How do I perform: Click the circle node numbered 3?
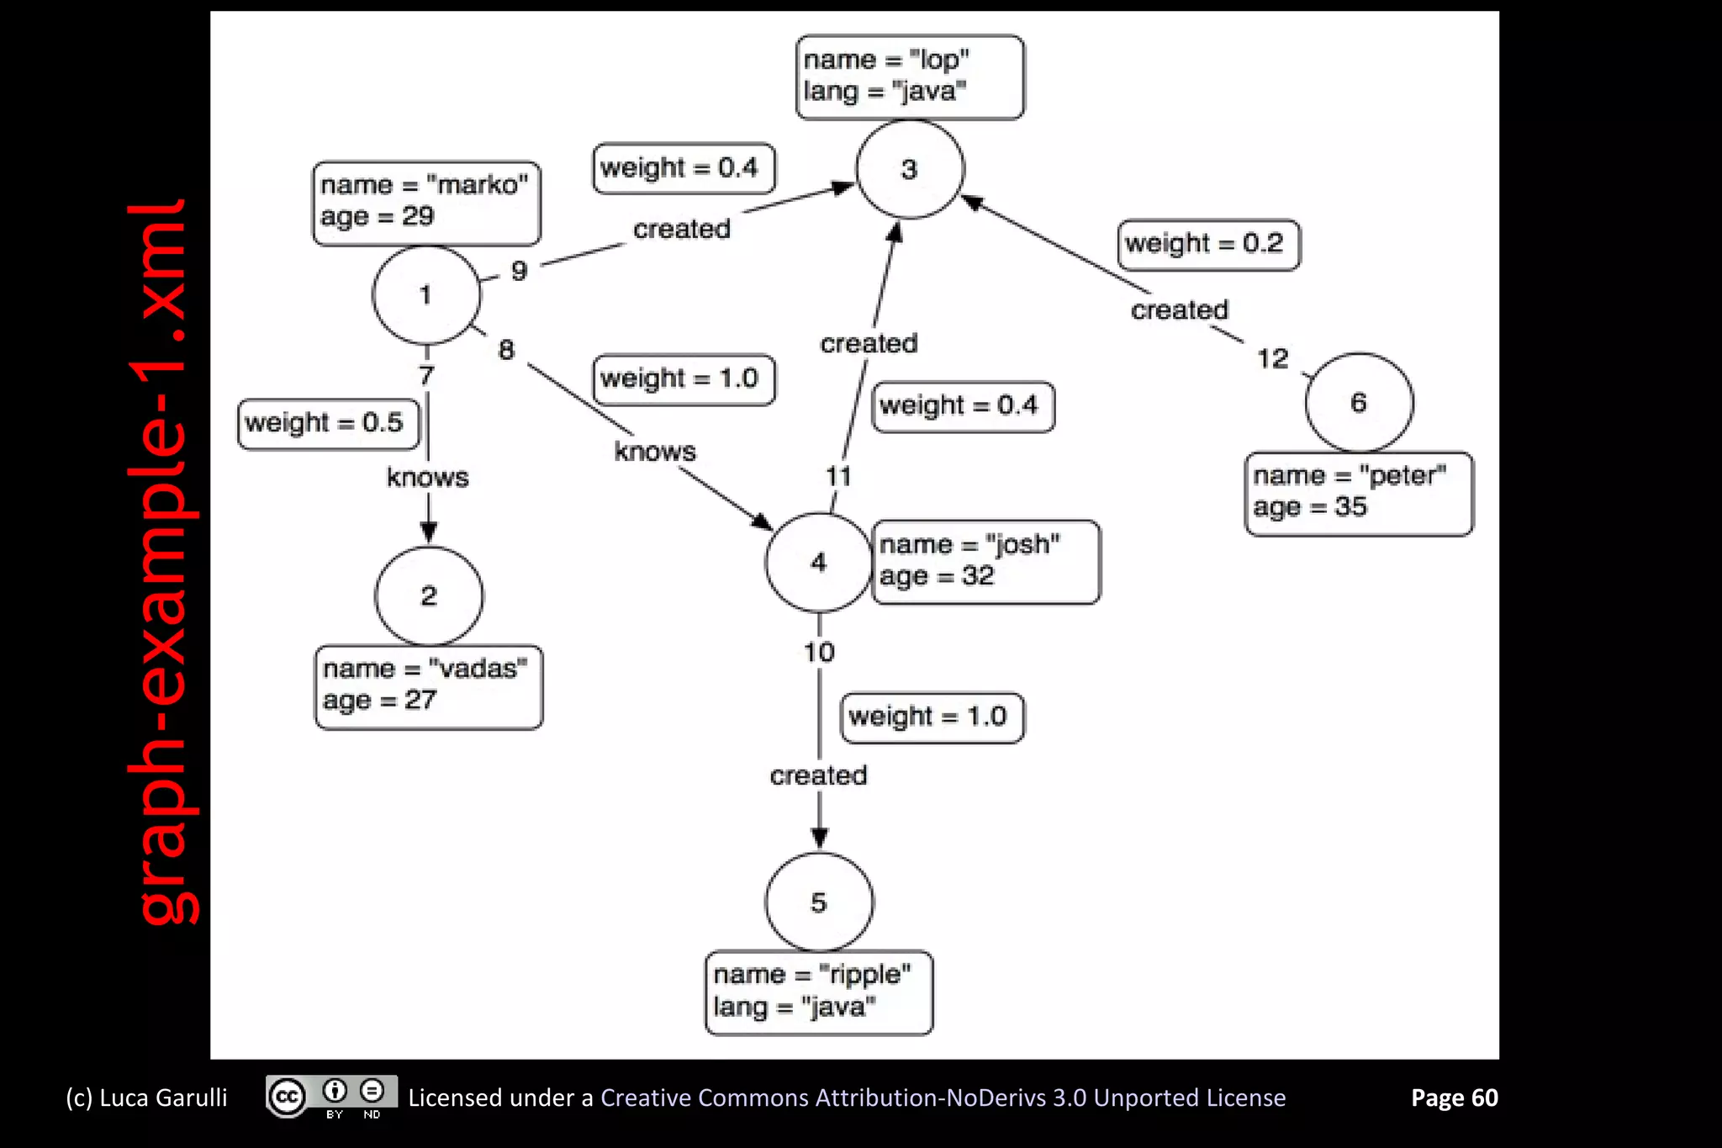click(x=909, y=169)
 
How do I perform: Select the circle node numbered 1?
click(x=425, y=295)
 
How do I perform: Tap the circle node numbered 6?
click(x=1359, y=403)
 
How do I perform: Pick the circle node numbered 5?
click(x=819, y=902)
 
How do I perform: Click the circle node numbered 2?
click(x=429, y=595)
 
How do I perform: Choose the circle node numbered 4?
click(x=818, y=562)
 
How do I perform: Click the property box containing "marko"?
click(x=426, y=204)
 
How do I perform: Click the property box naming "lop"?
click(x=910, y=77)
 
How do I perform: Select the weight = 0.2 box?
click(x=1208, y=245)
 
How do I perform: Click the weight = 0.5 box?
click(x=328, y=423)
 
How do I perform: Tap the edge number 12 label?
click(x=1272, y=359)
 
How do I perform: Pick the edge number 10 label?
click(x=819, y=652)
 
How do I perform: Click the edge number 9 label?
click(x=519, y=271)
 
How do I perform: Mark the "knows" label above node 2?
click(x=427, y=478)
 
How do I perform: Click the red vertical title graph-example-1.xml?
click(x=161, y=562)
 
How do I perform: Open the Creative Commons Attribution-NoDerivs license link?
click(x=943, y=1098)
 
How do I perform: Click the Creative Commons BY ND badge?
click(x=331, y=1097)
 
